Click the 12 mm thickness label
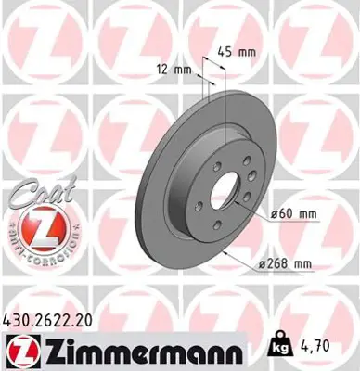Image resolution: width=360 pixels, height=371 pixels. point(171,70)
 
